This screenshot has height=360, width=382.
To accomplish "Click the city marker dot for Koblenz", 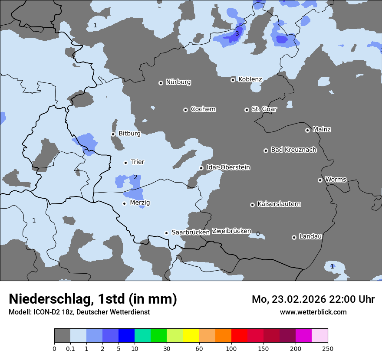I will click(233, 80).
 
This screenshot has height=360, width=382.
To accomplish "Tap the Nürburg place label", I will click(178, 82).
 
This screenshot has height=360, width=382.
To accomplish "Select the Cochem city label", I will click(203, 109).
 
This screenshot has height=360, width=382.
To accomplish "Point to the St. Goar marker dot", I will click(247, 110).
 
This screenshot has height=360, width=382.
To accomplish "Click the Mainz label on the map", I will click(322, 129).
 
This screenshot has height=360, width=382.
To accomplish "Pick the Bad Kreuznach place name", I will click(293, 150).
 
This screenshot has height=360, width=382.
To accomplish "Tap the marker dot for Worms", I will click(320, 180).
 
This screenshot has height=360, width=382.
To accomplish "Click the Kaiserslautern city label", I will click(279, 204).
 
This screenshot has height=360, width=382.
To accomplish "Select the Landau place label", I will click(310, 236).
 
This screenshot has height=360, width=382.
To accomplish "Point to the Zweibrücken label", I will click(231, 231).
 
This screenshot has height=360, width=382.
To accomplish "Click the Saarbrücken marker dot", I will click(166, 233).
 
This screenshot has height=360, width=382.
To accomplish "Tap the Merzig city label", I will click(140, 203).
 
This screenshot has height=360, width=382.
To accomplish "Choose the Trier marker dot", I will click(125, 163).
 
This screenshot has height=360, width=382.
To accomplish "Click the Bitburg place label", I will click(129, 134).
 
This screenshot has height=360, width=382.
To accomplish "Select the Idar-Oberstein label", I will click(228, 167).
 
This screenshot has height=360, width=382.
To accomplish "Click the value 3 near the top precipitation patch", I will click(237, 33).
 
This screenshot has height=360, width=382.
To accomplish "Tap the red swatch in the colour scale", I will click(239, 336).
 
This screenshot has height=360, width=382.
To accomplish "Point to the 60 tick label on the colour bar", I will click(199, 348).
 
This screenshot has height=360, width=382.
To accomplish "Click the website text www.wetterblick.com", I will click(313, 312).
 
